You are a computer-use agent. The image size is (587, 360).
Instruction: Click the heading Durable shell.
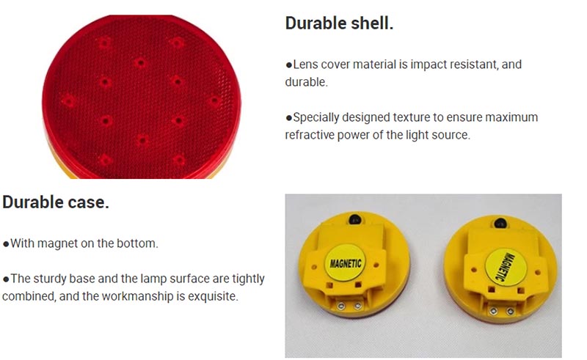(339, 23)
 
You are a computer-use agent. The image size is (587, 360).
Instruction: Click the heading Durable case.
(56, 202)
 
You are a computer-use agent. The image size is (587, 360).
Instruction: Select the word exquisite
(213, 296)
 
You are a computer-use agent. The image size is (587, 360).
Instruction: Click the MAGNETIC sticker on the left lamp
(345, 263)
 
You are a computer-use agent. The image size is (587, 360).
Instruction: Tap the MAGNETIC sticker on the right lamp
(506, 267)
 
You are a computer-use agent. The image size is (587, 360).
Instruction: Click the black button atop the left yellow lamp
(355, 219)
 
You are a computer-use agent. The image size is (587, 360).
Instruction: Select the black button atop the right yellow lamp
(500, 223)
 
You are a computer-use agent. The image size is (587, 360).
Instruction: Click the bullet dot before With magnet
(6, 244)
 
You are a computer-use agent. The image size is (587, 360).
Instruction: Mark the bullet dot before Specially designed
(288, 118)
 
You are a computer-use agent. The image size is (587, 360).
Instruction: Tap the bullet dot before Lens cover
(288, 65)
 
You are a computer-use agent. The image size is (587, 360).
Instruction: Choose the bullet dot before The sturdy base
(6, 279)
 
